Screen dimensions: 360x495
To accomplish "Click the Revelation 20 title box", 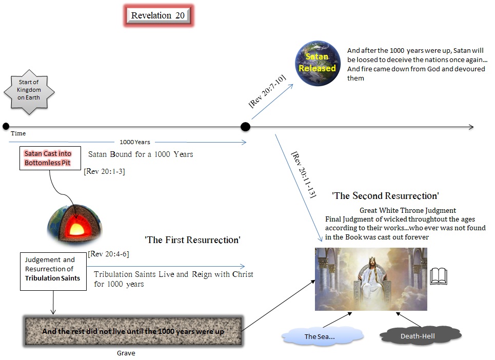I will (157, 16).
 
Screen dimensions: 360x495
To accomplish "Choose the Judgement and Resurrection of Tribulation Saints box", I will (53, 271).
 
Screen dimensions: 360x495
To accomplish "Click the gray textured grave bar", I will (133, 331).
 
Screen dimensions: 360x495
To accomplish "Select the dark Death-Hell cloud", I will (421, 336).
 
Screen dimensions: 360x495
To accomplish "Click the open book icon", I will (438, 276).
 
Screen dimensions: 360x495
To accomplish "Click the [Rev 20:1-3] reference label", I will (104, 172).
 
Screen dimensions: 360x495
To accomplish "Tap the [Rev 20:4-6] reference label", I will (109, 253).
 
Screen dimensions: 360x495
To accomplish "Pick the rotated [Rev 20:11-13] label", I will (304, 174).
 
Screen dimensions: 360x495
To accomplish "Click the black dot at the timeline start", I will (6, 126).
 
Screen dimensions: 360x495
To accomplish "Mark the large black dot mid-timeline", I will (246, 127).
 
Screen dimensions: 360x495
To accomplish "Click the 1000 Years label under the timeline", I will (134, 142).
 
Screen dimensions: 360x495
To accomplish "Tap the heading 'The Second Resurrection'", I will (385, 196).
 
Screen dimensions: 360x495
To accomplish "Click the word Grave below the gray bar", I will (126, 353).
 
